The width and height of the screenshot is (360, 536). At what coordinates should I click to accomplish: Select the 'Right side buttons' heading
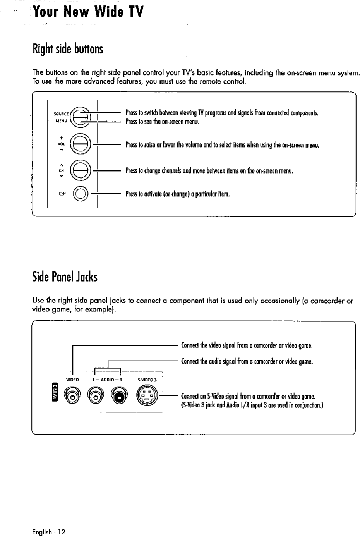(x=68, y=49)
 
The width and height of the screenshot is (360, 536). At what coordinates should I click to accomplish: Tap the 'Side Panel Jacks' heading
(x=65, y=277)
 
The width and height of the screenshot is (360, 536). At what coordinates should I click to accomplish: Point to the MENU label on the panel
(x=61, y=120)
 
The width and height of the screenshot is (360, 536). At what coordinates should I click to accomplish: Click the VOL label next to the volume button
(x=61, y=143)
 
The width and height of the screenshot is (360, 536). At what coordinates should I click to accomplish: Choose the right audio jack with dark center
(x=119, y=396)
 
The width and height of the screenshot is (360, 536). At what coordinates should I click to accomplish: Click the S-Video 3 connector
(x=147, y=396)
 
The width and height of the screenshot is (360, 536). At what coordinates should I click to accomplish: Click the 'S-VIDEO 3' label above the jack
(x=147, y=380)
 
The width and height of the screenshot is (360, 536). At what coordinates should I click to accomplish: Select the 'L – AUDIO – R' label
(x=108, y=380)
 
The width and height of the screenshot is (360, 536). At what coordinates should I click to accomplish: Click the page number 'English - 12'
(x=49, y=532)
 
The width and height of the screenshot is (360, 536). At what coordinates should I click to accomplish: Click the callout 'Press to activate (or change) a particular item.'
(x=178, y=194)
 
